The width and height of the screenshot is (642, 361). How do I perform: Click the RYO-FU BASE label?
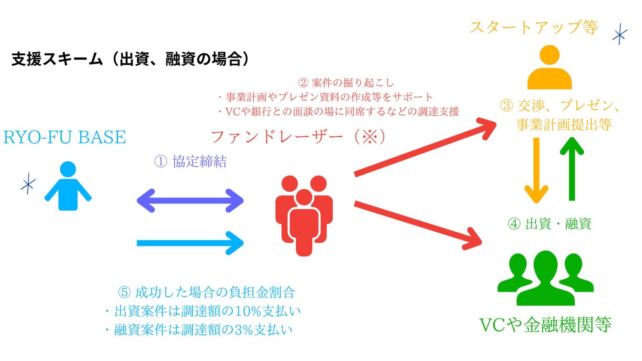tap(64, 137)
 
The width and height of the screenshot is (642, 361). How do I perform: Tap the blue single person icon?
tap(68, 186)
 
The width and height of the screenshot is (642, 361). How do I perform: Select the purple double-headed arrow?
tap(190, 201)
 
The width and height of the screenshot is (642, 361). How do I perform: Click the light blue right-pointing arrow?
tap(190, 243)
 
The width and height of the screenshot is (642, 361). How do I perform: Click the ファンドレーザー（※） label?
tap(298, 137)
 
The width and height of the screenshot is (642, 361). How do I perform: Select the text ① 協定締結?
tap(191, 161)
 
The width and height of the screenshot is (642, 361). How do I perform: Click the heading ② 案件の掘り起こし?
tap(346, 82)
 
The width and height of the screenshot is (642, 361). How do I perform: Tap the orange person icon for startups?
tap(549, 68)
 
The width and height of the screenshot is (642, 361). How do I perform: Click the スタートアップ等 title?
tap(534, 28)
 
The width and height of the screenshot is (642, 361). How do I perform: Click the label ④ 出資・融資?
tap(549, 224)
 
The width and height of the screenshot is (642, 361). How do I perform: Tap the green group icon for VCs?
tap(545, 277)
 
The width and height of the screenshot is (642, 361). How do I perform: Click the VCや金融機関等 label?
tap(545, 325)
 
